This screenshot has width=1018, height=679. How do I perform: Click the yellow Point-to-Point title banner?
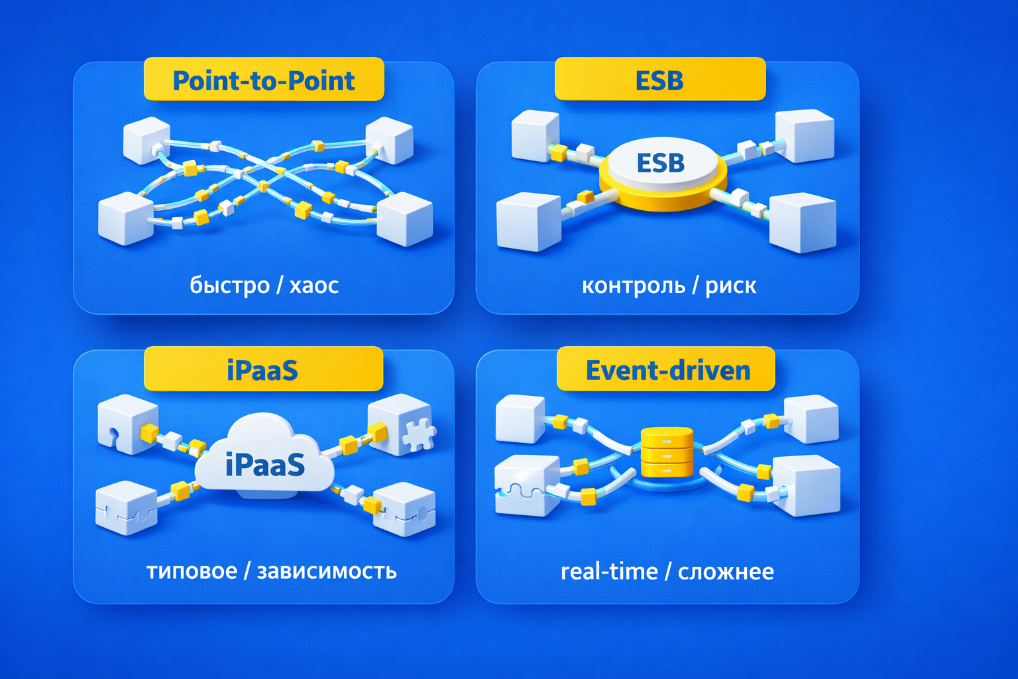pos(264,80)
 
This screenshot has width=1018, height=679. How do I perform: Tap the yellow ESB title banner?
pos(660,80)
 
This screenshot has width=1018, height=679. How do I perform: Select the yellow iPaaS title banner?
pos(263,369)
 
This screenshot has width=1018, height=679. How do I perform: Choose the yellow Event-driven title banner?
pos(666,369)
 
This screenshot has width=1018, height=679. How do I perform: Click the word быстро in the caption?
pos(230,285)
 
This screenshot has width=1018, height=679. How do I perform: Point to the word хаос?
pos(314,285)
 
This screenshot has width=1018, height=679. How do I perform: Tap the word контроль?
pos(633,285)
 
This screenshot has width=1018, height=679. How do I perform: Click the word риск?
pos(730,285)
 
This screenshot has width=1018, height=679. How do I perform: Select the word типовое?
pos(192,571)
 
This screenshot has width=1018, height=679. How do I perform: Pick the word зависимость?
pos(327,571)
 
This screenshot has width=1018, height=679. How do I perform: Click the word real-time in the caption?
pos(609,571)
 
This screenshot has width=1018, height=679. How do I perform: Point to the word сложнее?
pos(726,571)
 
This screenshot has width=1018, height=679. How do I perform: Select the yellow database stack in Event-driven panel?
pos(667,452)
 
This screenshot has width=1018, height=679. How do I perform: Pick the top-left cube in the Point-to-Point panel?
pos(146,139)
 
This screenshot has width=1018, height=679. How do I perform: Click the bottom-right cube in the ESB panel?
pos(803,222)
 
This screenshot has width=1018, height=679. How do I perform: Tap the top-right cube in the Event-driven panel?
pos(811,418)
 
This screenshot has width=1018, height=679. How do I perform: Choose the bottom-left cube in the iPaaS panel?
pos(127,507)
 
